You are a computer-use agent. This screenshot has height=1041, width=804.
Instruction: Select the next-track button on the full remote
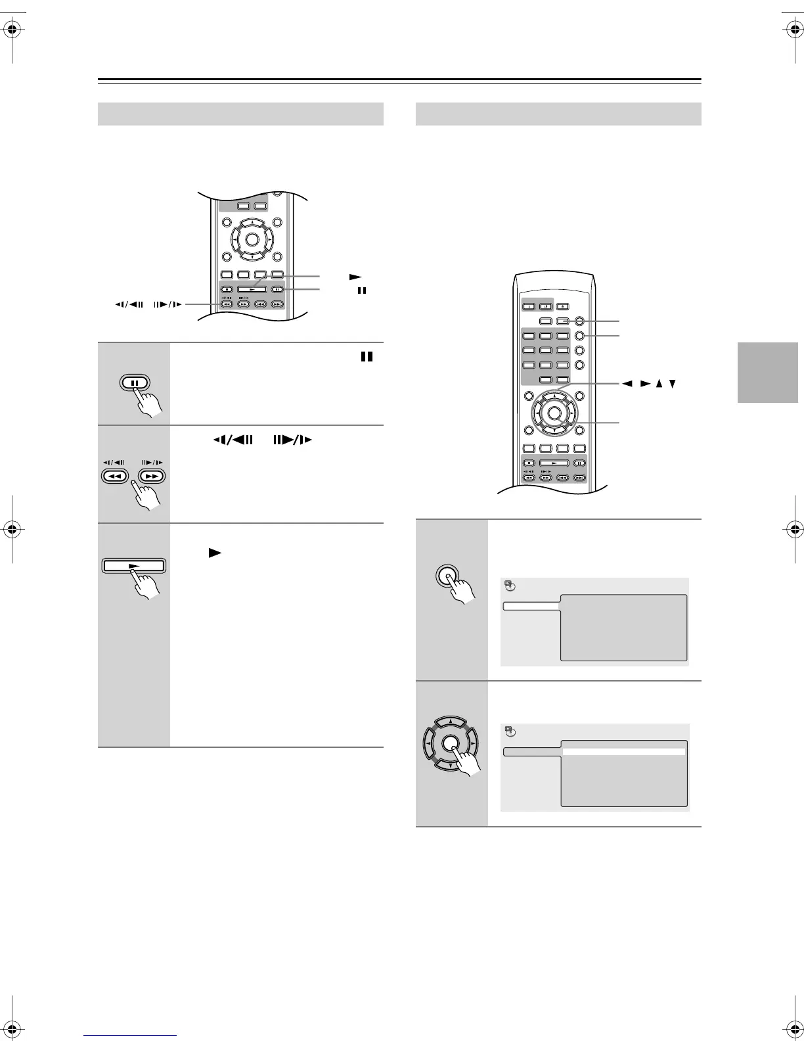click(579, 478)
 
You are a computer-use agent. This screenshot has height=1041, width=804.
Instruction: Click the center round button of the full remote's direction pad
click(554, 413)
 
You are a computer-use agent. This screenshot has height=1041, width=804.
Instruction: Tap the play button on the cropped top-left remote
click(252, 289)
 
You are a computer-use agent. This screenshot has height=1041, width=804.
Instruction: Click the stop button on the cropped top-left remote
click(227, 289)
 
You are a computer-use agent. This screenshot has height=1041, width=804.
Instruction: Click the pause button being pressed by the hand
click(134, 383)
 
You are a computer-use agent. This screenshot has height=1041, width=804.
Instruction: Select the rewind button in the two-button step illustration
click(116, 476)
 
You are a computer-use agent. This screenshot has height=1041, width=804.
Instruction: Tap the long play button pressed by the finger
click(134, 566)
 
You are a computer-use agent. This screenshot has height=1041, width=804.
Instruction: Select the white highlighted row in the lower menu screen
click(624, 752)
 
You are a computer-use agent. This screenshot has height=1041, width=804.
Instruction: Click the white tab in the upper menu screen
click(531, 606)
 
